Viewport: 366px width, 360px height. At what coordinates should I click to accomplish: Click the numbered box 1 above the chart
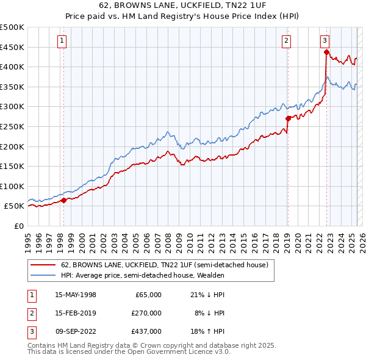click(63, 41)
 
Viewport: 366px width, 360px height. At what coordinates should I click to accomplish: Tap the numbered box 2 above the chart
click(286, 41)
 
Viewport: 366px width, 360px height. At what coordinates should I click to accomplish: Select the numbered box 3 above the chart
click(325, 41)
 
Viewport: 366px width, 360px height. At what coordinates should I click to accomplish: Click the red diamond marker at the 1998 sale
click(63, 200)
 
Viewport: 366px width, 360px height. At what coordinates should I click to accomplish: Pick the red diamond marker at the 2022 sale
click(326, 52)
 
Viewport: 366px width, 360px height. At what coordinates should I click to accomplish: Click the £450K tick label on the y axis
click(12, 47)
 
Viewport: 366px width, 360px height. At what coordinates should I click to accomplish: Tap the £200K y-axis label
click(12, 146)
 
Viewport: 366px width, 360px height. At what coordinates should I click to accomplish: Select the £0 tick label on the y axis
click(18, 226)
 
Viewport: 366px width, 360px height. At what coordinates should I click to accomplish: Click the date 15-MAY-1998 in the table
click(76, 295)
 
